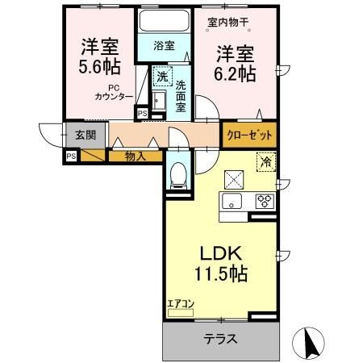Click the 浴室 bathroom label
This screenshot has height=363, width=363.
pos(165,46)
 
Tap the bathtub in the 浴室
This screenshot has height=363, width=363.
pos(165,22)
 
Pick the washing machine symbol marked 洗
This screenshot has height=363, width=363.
pos(161,77)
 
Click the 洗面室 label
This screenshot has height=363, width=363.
pos(181,95)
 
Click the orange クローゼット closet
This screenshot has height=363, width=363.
pos(249,135)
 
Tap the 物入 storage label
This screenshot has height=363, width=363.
pos(135,156)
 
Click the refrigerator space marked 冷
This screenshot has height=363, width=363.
pos(264,162)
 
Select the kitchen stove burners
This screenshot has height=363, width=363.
pos(264,202)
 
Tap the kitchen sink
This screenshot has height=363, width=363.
pos(232,202)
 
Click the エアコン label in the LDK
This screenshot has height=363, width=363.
pos(181,303)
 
